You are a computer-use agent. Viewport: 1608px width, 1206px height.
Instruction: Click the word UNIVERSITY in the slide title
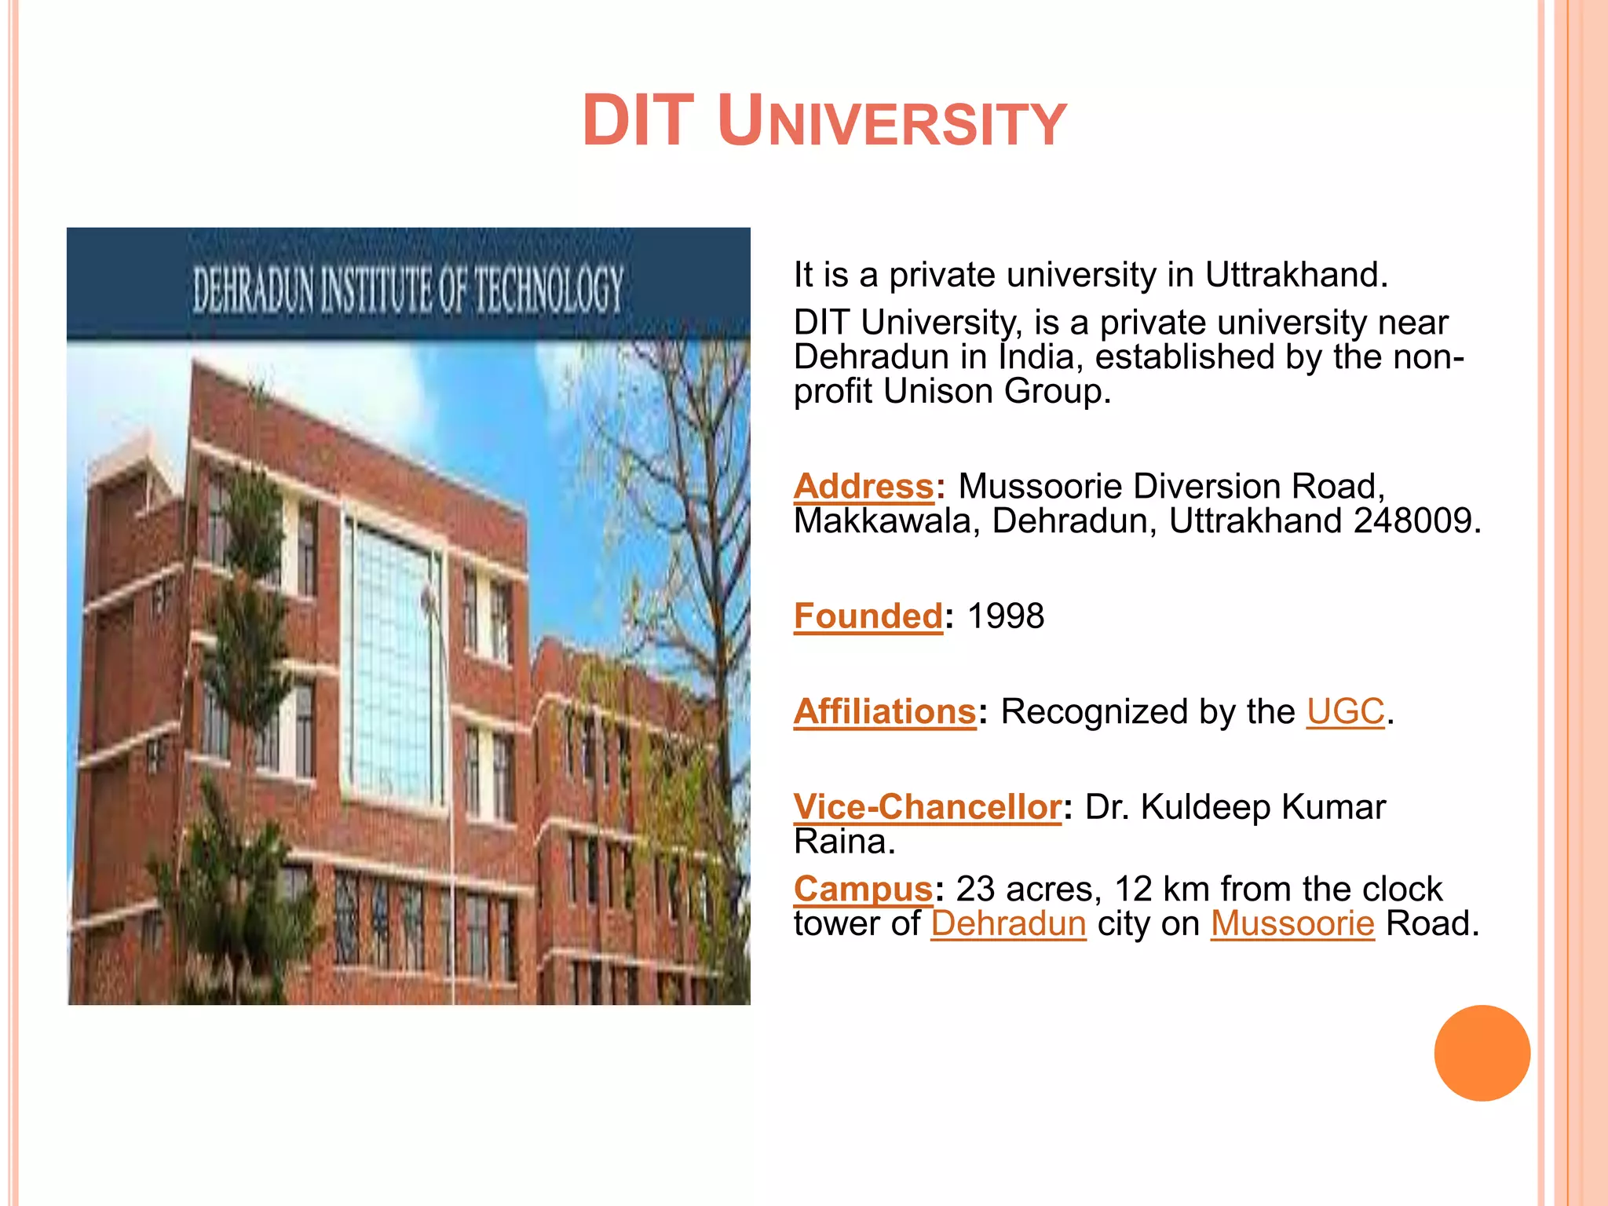892,122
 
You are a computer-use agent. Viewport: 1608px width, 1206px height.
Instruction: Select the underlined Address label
864,486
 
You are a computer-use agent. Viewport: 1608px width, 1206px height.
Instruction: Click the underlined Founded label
868,616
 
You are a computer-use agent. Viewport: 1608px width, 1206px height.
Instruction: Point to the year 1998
1005,616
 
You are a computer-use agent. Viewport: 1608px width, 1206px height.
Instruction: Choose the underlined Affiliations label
885,711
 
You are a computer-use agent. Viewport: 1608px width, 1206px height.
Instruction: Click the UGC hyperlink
1345,711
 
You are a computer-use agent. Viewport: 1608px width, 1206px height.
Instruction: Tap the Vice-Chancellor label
927,807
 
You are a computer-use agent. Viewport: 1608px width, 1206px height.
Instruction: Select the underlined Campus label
863,889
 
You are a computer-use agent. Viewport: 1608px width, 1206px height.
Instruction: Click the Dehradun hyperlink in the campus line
1008,923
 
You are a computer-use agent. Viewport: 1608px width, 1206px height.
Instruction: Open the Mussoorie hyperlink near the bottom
1292,923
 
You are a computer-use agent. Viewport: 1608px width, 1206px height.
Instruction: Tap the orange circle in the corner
1482,1053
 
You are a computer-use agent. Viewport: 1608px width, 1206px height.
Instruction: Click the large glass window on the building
389,660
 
